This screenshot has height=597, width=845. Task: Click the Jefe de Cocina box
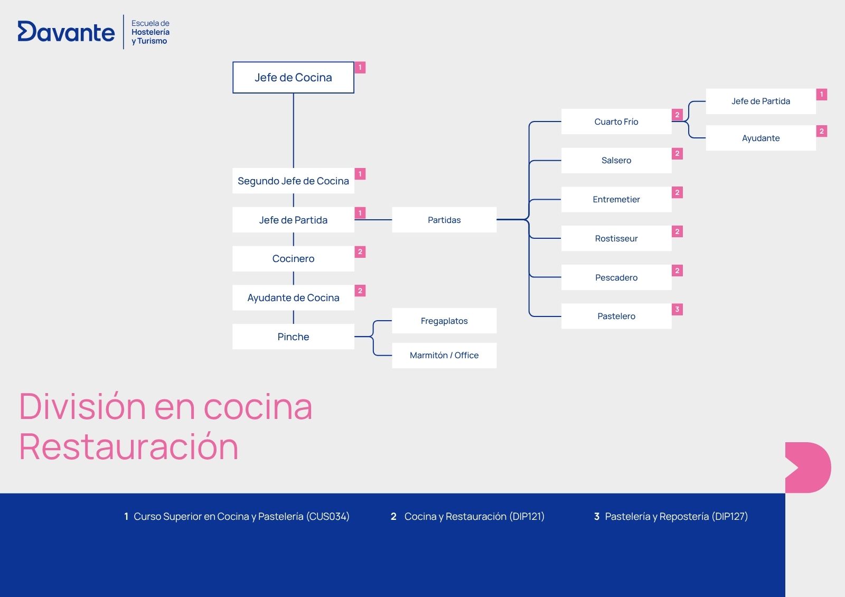coord(293,77)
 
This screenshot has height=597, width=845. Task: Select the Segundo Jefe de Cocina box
coord(293,181)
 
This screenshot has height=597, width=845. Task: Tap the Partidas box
coord(444,220)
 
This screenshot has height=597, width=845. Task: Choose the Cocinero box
coord(293,258)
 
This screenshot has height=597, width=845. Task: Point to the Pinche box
coord(293,337)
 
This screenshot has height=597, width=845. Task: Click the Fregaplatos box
coord(444,321)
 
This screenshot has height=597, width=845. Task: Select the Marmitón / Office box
coord(444,355)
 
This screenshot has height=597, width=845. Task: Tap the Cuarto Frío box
coord(616,122)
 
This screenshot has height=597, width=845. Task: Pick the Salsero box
coord(616,161)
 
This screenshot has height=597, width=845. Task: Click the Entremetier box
coord(616,199)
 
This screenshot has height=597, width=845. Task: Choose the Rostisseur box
coord(616,238)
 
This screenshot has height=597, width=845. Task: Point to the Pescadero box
coord(616,277)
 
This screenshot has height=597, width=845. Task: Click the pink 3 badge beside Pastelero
coord(677,310)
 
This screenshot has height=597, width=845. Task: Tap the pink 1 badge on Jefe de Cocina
coord(360,68)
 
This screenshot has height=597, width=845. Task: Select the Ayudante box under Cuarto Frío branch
coord(760,138)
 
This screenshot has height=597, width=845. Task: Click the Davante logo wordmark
coord(67,32)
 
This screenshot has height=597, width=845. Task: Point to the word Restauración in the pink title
coord(129,447)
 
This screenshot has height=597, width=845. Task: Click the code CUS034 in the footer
coord(327,516)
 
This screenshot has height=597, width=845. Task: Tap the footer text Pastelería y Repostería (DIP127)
coord(677,516)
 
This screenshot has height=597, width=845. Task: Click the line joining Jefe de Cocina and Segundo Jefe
coord(294,130)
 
